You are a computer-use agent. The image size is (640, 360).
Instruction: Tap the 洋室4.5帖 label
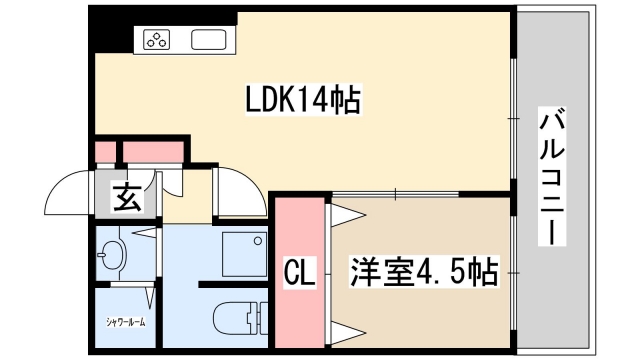(423, 272)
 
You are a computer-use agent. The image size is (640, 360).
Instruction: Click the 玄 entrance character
(127, 197)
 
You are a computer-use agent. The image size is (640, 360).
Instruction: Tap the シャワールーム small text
(125, 322)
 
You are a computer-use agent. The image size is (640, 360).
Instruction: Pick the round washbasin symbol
(112, 257)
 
